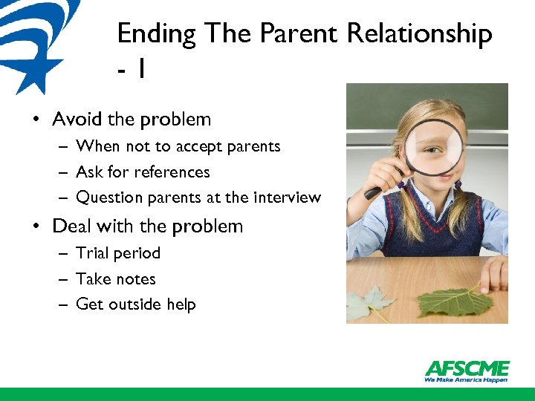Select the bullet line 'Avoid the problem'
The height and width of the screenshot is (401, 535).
[132, 119]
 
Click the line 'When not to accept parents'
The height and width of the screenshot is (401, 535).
[178, 146]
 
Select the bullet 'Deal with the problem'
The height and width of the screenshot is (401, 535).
[147, 226]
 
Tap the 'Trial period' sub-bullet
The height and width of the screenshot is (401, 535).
[118, 253]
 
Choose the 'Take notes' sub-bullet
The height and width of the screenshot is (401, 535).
[116, 279]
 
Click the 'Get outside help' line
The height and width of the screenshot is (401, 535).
[136, 304]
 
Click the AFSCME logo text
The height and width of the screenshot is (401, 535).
[467, 368]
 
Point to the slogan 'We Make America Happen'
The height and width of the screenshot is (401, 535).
[466, 379]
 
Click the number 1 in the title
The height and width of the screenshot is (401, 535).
[140, 70]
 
